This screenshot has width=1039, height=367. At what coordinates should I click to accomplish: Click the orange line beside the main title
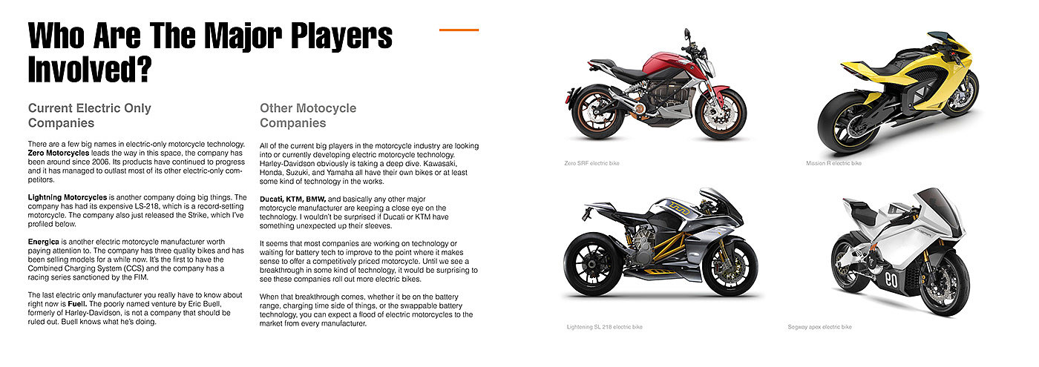pos(459,30)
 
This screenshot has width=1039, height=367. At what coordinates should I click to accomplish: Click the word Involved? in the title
pos(90,70)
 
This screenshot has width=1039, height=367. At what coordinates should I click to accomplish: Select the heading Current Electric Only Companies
pos(89,115)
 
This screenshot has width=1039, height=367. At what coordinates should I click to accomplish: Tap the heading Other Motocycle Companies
pos(308,115)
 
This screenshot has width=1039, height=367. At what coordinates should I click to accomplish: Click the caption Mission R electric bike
pos(833,162)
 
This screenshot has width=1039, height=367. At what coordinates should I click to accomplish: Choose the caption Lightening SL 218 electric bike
pos(604,326)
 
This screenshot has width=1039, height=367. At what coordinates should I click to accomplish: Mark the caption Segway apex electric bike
pos(819,326)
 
